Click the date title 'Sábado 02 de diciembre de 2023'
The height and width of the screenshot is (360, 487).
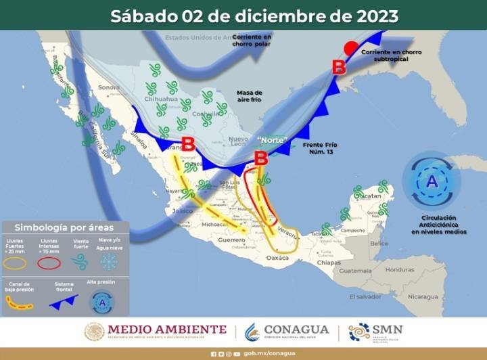click(254, 16)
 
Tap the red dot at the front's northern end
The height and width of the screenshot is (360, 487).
click(350, 49)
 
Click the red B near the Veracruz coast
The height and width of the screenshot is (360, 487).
click(260, 158)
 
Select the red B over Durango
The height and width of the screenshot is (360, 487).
click(188, 144)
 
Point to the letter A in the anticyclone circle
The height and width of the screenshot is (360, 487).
click(432, 181)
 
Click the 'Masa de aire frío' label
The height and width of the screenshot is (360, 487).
click(249, 95)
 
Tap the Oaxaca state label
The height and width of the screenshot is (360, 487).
click(277, 257)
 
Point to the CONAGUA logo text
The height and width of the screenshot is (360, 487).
click(296, 330)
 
